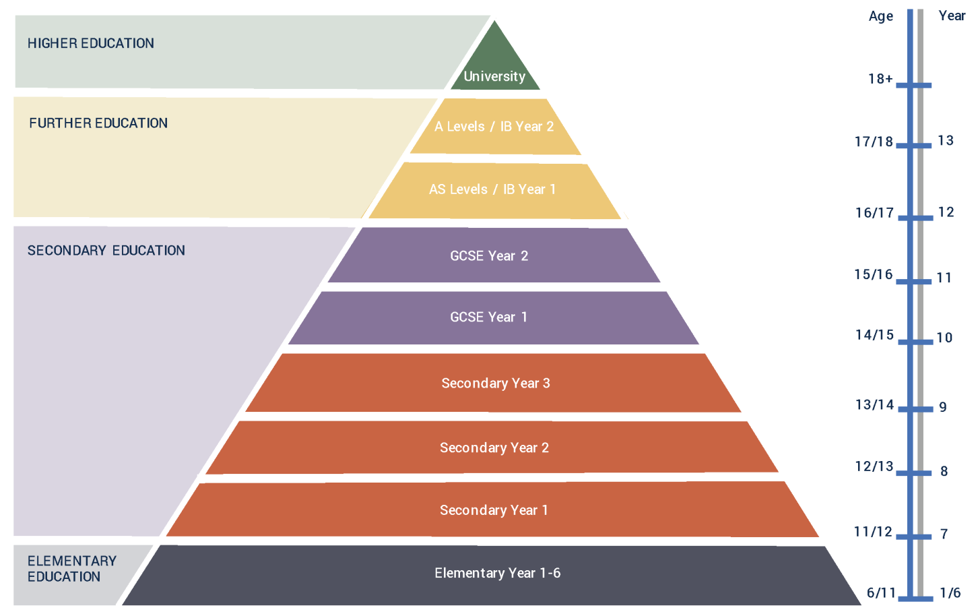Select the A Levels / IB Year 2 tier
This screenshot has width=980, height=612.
click(x=494, y=127)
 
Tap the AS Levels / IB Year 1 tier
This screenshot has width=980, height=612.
click(x=493, y=189)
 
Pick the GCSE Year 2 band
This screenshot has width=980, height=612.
click(x=490, y=256)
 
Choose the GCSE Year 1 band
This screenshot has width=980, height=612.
click(x=490, y=317)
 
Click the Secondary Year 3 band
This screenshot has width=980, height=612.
click(x=495, y=384)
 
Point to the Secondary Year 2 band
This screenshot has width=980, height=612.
click(x=494, y=448)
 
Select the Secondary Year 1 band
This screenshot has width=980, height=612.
click(x=494, y=510)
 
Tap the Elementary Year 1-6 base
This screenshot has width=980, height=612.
click(x=497, y=574)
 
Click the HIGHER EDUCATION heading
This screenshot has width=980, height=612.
click(x=91, y=44)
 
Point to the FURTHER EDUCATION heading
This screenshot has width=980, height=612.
click(x=98, y=123)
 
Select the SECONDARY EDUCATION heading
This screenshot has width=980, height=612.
click(x=106, y=251)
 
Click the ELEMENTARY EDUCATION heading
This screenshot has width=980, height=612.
click(x=71, y=569)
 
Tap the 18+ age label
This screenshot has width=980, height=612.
click(x=880, y=80)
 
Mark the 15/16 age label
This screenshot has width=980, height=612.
click(x=874, y=275)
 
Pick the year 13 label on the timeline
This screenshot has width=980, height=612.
click(x=946, y=141)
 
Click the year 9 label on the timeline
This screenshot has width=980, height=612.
click(x=943, y=407)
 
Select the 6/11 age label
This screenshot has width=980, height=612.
click(x=881, y=593)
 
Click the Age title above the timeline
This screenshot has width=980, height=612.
click(x=881, y=17)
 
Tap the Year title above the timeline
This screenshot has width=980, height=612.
click(x=952, y=16)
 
